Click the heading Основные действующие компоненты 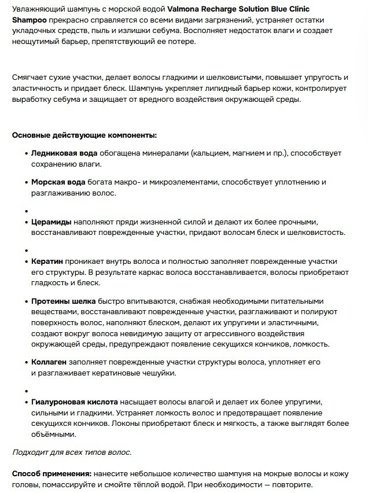click(84, 135)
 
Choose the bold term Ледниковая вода click(64, 153)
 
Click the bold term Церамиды click(51, 222)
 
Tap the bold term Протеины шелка click(63, 301)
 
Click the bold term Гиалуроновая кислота click(74, 402)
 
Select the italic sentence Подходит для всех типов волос click(72, 451)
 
